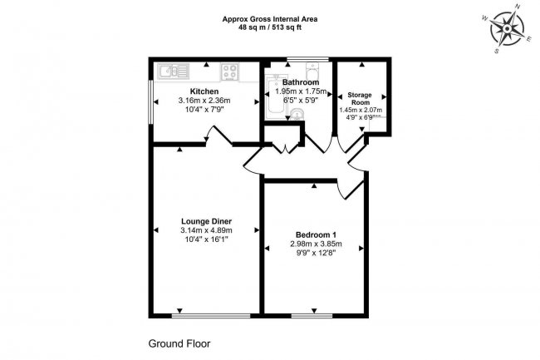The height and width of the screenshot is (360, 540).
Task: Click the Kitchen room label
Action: tap(204, 91)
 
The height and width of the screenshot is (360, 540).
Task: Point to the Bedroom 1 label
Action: tap(315, 234)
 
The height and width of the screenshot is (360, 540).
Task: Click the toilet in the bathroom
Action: tap(313, 71)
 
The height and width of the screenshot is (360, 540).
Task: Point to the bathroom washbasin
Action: tap(297, 115)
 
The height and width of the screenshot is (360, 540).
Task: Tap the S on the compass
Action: tap(496, 50)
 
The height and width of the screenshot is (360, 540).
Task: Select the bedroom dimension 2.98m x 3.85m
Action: tap(315, 244)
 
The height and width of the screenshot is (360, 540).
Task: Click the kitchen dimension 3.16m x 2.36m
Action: tap(204, 101)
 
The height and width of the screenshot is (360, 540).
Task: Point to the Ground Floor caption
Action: tap(179, 343)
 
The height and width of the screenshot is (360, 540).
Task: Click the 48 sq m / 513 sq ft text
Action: tap(269, 27)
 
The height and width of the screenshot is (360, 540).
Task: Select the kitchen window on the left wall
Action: tap(151, 101)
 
